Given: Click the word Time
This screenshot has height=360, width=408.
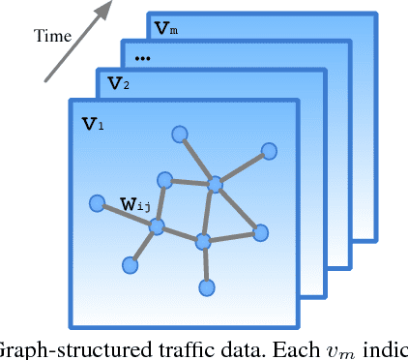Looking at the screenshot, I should [53, 36].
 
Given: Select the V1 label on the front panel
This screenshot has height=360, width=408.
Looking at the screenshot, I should [90, 124].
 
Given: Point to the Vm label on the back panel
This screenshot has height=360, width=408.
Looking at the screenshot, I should [170, 29].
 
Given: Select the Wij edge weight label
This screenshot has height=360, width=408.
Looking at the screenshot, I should [134, 204].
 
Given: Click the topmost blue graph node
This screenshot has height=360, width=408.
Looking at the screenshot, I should [178, 134].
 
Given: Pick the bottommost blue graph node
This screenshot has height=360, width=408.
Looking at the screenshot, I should [206, 286].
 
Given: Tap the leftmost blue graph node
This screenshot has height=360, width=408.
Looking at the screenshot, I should [97, 203].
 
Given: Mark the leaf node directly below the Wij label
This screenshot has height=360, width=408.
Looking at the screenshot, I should [130, 263].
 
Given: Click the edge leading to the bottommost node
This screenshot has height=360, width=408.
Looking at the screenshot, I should [205, 264].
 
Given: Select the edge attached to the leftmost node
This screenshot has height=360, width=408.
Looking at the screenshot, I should [126, 215].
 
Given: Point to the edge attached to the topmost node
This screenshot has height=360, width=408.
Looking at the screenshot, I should [195, 158].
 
